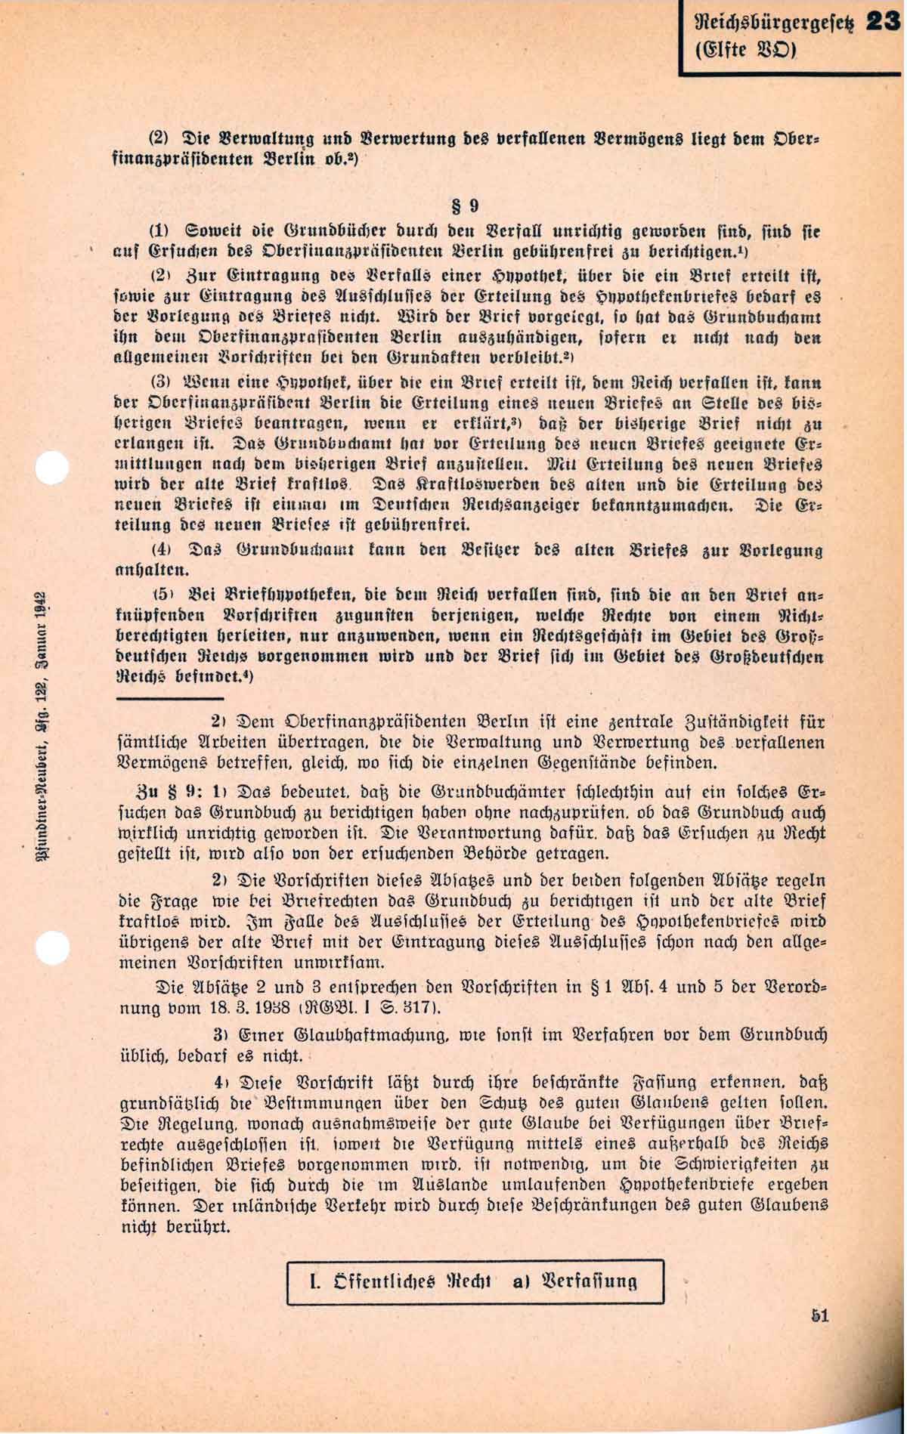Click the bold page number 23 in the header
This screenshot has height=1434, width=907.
coord(884,22)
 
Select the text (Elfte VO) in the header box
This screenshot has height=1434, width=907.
coord(745,51)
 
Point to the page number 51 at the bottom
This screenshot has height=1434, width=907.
coord(820,1315)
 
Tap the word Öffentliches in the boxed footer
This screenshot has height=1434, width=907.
coord(385,1281)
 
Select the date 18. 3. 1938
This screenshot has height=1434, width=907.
coord(248,1009)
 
